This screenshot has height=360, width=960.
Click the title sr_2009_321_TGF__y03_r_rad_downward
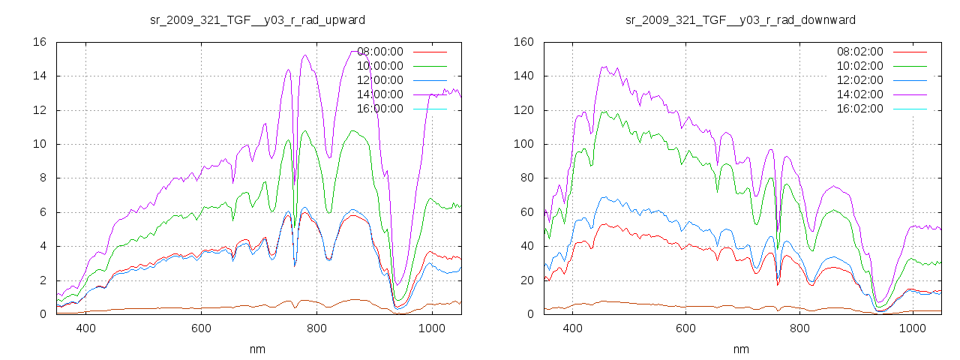pos(740,19)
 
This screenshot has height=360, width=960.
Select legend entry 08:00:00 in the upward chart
pos(380,52)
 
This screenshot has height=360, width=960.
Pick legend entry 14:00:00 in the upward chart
pos(380,94)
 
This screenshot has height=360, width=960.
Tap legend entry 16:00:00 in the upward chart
pos(380,109)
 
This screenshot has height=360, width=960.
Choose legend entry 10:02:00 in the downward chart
pos(860,66)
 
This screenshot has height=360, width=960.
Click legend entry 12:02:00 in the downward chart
pos(860,80)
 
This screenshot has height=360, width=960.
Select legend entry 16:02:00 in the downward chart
pos(860,109)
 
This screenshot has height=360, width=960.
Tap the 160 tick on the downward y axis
pos(523,42)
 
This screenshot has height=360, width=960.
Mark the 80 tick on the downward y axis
pos(526,178)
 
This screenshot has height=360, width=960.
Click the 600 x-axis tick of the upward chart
pos(201,328)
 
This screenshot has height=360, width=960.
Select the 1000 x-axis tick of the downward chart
pos(913,328)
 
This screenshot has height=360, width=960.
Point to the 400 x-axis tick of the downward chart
pos(573,328)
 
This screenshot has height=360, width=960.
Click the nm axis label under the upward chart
pos(258,349)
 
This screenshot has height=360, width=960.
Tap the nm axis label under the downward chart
pos(741,349)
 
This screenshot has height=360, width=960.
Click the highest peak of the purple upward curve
pos(305,55)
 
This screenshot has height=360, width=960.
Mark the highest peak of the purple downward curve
pos(604,66)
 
